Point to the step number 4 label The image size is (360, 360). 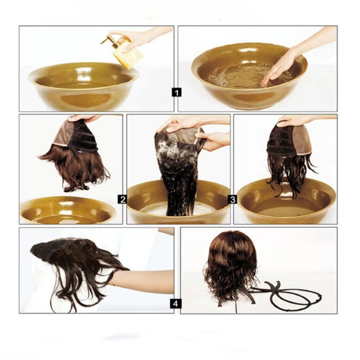click(x=176, y=304)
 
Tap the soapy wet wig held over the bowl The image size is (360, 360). click(x=178, y=171)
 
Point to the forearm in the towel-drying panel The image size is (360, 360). click(x=144, y=281)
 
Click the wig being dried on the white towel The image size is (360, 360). click(x=76, y=265)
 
